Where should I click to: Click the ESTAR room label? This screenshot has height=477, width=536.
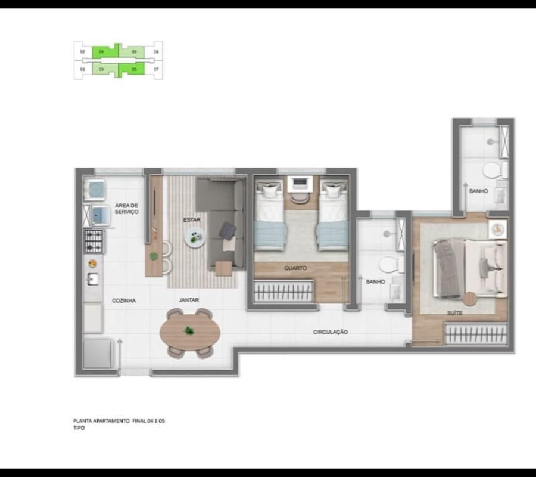[192, 220]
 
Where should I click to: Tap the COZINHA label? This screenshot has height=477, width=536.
[124, 301]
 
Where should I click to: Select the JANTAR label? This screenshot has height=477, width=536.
[189, 301]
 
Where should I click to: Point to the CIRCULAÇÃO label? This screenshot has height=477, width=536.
[331, 332]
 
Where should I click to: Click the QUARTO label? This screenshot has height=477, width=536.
[295, 268]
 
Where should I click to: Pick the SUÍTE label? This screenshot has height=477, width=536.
[456, 312]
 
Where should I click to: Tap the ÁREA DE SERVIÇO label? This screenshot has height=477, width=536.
[126, 209]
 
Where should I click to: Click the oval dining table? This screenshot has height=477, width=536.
[189, 333]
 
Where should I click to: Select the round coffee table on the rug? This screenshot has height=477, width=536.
[195, 239]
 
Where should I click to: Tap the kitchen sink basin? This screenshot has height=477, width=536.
[93, 278]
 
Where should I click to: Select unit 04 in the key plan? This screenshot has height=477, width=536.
[102, 52]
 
